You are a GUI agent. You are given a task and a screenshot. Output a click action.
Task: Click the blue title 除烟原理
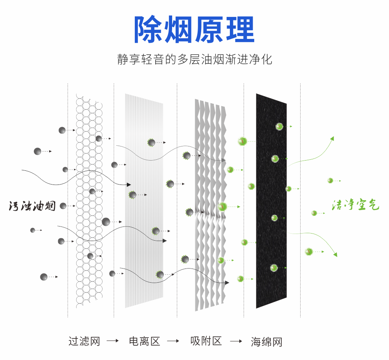194,30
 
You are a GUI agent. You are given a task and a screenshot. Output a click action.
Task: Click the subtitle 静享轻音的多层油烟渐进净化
194,59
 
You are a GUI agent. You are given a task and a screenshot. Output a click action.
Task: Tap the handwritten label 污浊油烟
32,206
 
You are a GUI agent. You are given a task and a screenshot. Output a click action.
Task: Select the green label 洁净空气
355,205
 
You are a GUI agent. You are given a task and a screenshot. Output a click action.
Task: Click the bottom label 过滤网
84,341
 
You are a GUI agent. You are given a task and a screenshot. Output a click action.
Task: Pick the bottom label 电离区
145,341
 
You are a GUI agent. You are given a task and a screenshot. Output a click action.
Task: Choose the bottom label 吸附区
206,341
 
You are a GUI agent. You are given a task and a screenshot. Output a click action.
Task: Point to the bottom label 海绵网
267,342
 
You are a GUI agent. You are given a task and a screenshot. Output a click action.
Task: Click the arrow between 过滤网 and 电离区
113,341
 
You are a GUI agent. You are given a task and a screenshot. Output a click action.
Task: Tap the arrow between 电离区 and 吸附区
174,341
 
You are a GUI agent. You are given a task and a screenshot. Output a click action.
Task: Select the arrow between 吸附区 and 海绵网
236,341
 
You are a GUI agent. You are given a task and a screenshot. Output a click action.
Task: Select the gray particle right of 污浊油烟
63,206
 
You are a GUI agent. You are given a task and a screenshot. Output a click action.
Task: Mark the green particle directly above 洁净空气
330,181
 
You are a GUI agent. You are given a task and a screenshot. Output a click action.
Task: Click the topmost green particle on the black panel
279,126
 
